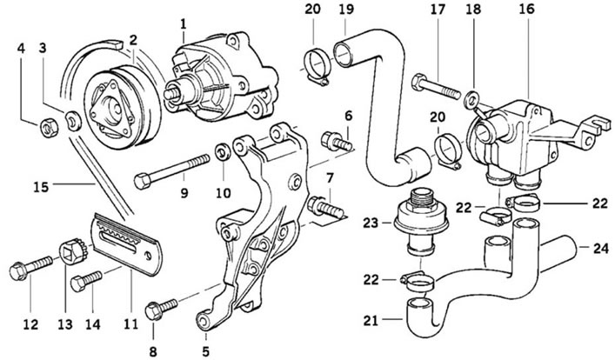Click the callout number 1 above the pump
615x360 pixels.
tap(183, 24)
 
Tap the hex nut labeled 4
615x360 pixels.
tap(49, 128)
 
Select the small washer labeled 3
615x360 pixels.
tap(73, 120)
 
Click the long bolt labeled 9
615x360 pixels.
tap(171, 171)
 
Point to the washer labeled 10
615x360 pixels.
tap(224, 152)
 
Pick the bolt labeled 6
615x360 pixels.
tap(336, 142)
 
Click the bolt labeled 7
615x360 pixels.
tap(324, 208)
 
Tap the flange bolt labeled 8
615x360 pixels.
tap(160, 309)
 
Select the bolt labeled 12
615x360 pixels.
tap(30, 267)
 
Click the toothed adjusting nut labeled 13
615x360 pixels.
tap(73, 252)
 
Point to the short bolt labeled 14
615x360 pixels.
tap(86, 280)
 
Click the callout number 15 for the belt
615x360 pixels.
tap(41, 187)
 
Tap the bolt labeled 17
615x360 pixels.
tap(436, 88)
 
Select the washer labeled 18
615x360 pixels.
tap(471, 100)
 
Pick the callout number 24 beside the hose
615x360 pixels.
tap(601, 248)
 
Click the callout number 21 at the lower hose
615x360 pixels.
tap(371, 320)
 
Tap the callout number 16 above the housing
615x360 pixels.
tap(526, 9)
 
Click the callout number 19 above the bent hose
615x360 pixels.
tap(346, 9)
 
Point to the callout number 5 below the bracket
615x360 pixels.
tap(205, 351)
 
